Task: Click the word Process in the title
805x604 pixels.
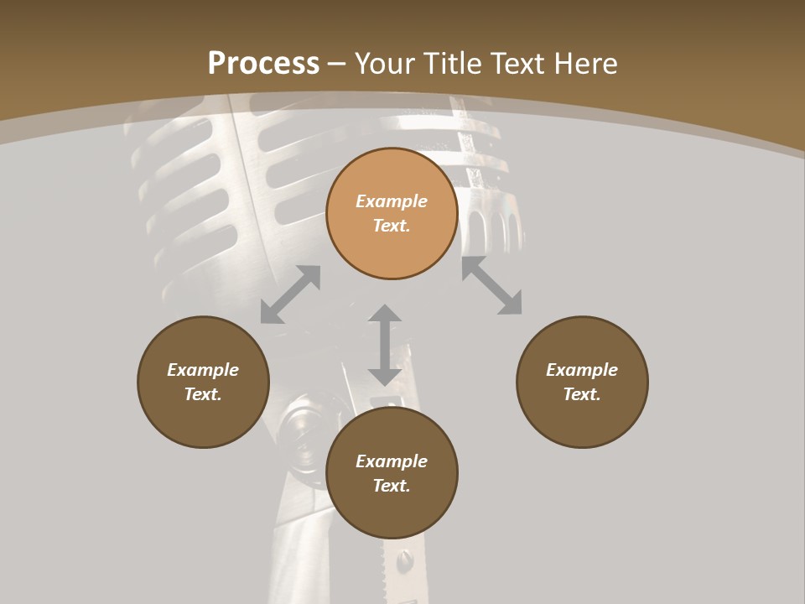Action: (263, 64)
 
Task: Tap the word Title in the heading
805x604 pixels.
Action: (457, 64)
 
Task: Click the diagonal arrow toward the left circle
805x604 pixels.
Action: (290, 294)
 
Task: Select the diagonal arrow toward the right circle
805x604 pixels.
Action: (492, 286)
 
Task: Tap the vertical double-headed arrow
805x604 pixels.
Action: (385, 346)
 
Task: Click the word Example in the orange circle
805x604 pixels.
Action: (392, 201)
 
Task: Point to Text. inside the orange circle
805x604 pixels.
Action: (392, 226)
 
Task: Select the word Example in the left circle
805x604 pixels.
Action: (203, 370)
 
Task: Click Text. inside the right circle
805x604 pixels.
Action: (582, 394)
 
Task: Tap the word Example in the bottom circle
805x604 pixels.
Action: (392, 461)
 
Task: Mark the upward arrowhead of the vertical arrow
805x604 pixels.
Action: (385, 315)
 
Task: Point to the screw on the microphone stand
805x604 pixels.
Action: (406, 557)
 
